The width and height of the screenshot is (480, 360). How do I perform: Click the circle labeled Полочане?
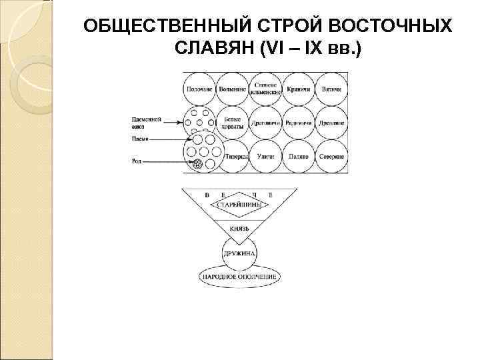tap(199, 88)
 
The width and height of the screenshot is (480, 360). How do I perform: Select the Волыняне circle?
tap(232, 88)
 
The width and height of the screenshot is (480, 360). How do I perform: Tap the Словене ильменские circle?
tap(265, 88)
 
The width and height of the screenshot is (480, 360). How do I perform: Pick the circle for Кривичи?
tap(298, 88)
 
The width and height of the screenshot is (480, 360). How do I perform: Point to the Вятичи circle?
tap(331, 88)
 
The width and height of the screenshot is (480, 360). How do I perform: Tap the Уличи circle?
tap(265, 156)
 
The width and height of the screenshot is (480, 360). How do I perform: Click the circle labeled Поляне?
tap(298, 156)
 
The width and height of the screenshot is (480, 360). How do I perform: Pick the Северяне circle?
tap(331, 156)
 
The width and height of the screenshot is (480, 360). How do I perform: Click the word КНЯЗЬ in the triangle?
tap(240, 228)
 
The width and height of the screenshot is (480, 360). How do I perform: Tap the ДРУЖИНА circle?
tap(241, 253)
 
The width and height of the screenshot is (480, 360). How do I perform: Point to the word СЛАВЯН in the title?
tap(209, 49)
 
